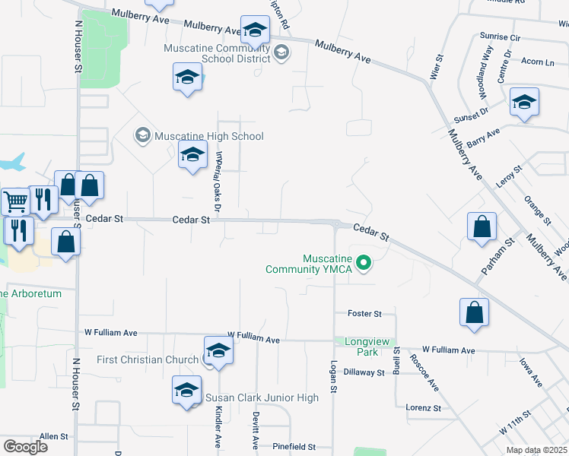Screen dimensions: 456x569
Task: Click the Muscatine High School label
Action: point(208,137)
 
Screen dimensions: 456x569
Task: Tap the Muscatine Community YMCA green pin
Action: point(364,264)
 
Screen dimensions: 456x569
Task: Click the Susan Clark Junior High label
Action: point(261,397)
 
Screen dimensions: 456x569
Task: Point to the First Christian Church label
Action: point(148,359)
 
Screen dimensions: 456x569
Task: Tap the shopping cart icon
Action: point(14,201)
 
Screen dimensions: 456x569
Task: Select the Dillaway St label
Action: point(364,372)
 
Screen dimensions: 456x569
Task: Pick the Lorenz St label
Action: point(423,407)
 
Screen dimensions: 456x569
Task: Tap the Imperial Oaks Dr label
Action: point(218,180)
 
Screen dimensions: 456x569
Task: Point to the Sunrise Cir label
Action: point(500,36)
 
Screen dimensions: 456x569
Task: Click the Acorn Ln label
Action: point(538,62)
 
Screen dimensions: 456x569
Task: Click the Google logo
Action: point(25,446)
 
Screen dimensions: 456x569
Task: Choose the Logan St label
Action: point(332,376)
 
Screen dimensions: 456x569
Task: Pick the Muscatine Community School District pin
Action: point(281,52)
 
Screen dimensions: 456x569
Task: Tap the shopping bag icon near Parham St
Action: point(482,226)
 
